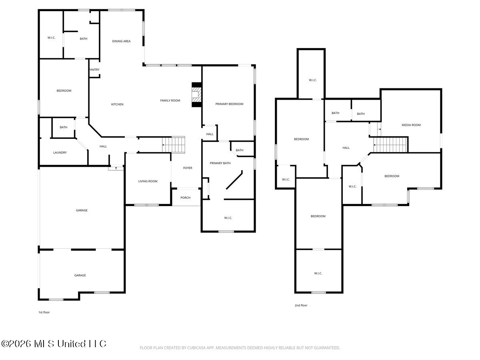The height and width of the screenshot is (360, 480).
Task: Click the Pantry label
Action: point(94,70)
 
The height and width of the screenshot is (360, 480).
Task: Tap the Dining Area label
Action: point(121,41)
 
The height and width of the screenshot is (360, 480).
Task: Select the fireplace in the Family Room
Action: point(196,95)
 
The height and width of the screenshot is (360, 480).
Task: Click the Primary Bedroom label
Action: point(229,104)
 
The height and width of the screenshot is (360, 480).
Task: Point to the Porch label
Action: point(185,198)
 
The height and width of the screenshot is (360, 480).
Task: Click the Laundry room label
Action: point(60,152)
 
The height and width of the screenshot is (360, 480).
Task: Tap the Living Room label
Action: point(148,181)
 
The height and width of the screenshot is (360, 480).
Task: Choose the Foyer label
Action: point(188,168)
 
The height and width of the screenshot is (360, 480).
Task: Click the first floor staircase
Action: point(174,144)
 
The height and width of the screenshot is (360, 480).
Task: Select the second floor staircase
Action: point(390,144)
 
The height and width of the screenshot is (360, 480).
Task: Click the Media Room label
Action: point(411,125)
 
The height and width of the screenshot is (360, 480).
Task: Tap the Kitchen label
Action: point(117,104)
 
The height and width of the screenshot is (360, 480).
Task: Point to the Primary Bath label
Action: point(220,163)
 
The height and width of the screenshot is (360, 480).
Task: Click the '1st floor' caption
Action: point(44,312)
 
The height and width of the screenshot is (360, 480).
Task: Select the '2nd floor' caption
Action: point(301,305)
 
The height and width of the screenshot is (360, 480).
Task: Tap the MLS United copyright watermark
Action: point(54,344)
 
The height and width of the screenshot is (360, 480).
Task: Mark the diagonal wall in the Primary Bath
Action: point(234,180)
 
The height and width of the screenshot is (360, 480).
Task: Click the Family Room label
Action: point(170,100)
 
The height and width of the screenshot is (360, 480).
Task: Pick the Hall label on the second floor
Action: point(346,148)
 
